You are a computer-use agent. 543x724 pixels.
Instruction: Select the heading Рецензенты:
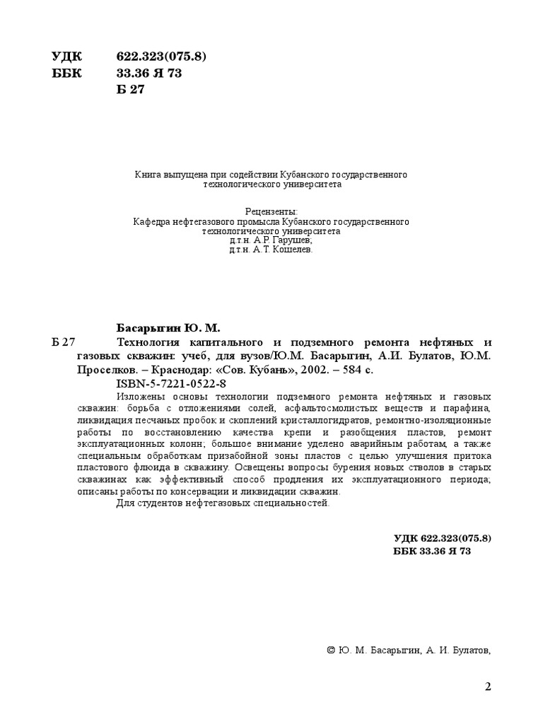(271, 211)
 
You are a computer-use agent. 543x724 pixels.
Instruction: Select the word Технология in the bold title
(150, 342)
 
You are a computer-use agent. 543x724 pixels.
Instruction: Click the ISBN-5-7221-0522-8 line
(170, 383)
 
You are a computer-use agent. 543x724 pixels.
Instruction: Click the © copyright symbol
(332, 650)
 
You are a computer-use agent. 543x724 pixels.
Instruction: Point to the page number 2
(488, 687)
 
